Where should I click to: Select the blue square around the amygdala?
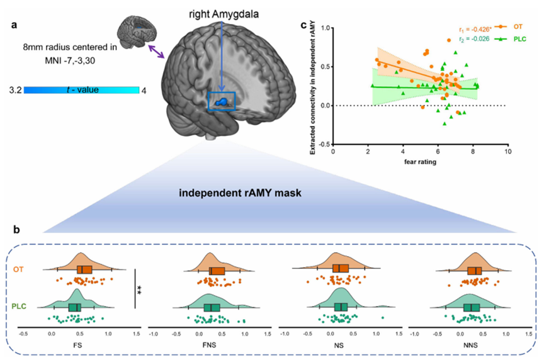[x=222, y=101]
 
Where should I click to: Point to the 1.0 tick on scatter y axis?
[x=326, y=28]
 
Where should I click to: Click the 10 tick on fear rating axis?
[x=507, y=152]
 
